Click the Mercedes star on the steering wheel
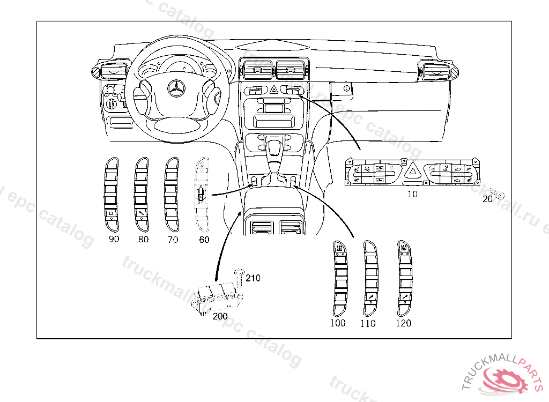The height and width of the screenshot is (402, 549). [176, 89]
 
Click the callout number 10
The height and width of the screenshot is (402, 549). [412, 194]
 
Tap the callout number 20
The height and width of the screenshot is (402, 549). [487, 199]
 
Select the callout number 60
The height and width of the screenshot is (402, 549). [204, 240]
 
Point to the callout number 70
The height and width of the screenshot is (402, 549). [173, 240]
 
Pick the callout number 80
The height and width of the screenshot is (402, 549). [143, 240]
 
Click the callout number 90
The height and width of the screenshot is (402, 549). [114, 240]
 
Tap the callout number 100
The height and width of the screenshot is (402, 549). [338, 323]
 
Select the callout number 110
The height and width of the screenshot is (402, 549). [368, 323]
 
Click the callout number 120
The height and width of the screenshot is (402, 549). [403, 323]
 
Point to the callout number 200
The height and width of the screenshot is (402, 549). [220, 316]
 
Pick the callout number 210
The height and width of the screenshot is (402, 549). [253, 278]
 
